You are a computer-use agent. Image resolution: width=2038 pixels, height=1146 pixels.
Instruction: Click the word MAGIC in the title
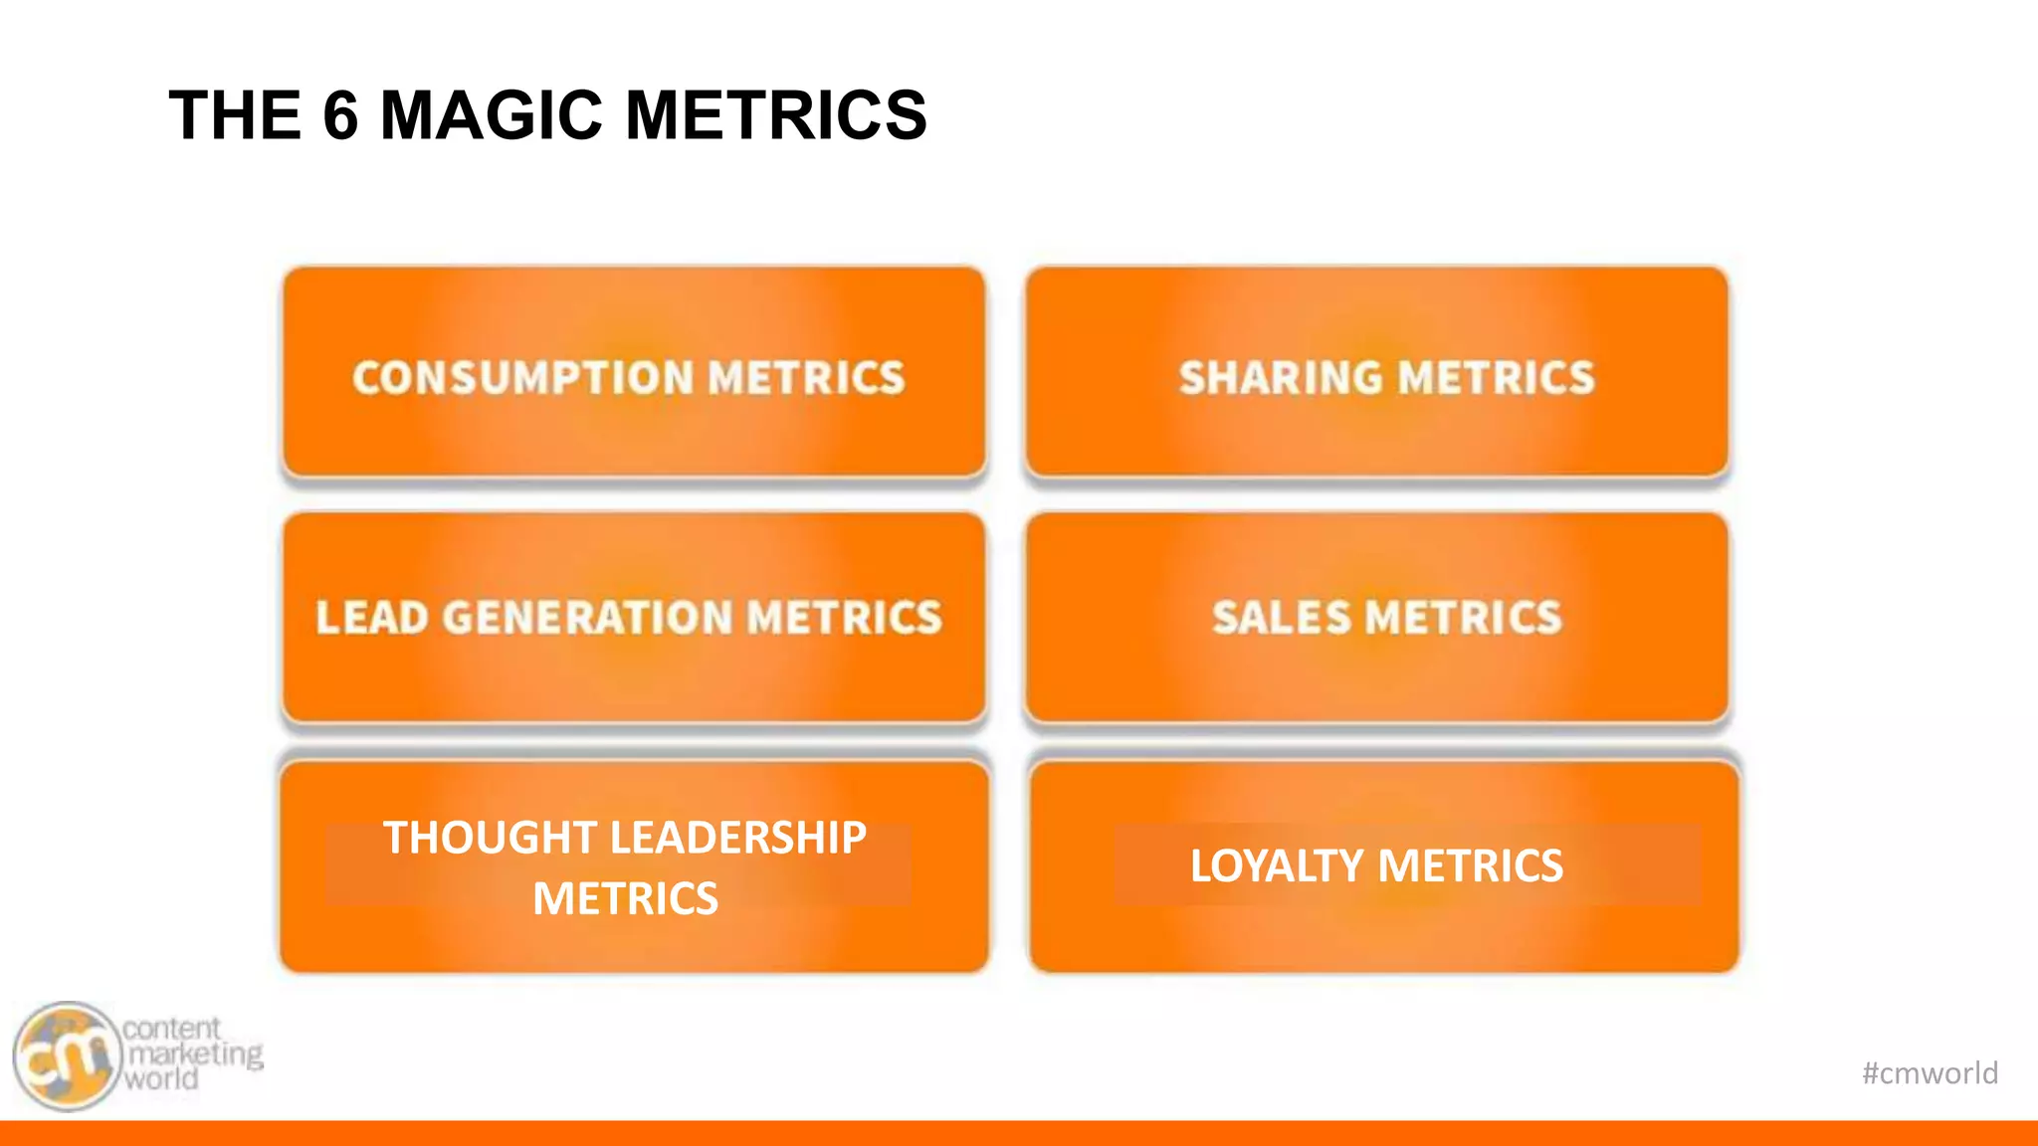pyautogui.click(x=492, y=115)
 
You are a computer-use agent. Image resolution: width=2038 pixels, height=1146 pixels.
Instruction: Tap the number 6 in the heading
pyautogui.click(x=340, y=115)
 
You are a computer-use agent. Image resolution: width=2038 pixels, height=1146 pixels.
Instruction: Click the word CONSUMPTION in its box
pyautogui.click(x=522, y=378)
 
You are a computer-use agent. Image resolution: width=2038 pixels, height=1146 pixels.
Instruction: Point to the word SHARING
pyautogui.click(x=1281, y=378)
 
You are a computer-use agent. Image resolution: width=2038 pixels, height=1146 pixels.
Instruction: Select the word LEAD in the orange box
pyautogui.click(x=372, y=618)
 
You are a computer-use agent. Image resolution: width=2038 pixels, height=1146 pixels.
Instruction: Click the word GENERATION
pyautogui.click(x=587, y=618)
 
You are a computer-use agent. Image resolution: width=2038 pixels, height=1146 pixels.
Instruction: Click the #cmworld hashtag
pyautogui.click(x=1930, y=1072)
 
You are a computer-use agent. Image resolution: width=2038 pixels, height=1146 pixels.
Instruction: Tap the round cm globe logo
pyautogui.click(x=68, y=1056)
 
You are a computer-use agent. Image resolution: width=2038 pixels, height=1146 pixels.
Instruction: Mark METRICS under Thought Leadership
pyautogui.click(x=625, y=899)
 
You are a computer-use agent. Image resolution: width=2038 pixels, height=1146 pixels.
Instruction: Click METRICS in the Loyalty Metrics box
pyautogui.click(x=1471, y=865)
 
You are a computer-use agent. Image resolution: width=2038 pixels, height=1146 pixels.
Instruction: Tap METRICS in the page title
pyautogui.click(x=776, y=115)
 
